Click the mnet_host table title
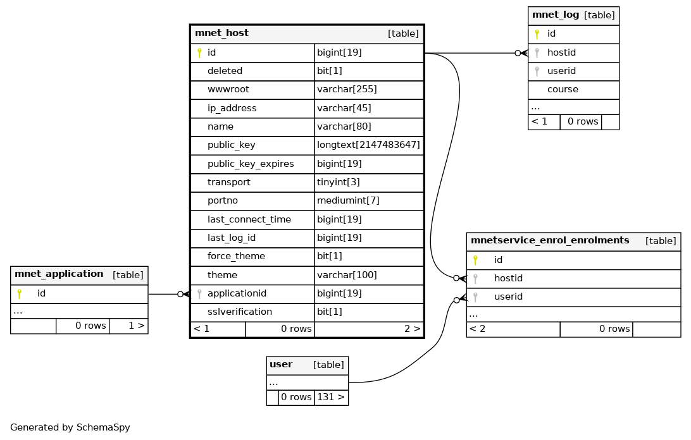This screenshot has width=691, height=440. click(221, 33)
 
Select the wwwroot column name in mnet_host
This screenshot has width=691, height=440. click(228, 89)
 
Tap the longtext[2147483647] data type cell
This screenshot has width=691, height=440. click(368, 145)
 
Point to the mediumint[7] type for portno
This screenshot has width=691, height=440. click(348, 200)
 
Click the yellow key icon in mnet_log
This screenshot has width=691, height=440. click(537, 34)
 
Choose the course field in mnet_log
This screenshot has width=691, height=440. click(563, 89)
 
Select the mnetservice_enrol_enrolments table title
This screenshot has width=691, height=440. click(550, 240)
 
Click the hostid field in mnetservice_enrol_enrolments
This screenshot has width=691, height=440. click(508, 278)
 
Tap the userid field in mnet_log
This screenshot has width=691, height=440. click(561, 71)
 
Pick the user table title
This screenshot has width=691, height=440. click(281, 365)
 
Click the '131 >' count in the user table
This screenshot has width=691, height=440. click(331, 397)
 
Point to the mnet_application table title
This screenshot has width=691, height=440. click(59, 274)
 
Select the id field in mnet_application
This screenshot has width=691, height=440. click(41, 293)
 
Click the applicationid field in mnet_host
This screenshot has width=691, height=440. click(237, 294)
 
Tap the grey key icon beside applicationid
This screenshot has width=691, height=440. click(199, 294)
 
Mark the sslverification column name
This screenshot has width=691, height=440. click(240, 312)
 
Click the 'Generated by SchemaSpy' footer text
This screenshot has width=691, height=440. click(70, 427)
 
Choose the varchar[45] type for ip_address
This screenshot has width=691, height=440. click(344, 108)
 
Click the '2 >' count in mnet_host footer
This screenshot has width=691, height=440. click(413, 329)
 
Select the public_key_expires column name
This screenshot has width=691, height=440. click(251, 164)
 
